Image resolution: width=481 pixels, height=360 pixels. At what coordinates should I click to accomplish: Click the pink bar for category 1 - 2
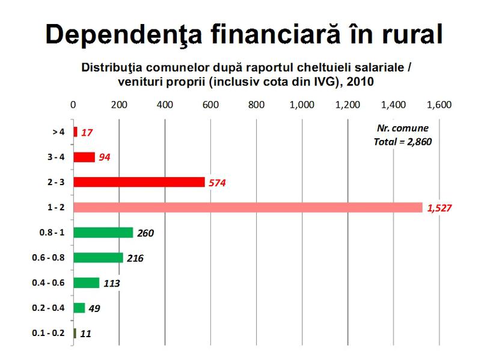[x=248, y=207]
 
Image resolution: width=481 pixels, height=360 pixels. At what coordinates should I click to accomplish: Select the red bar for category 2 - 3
[x=139, y=182]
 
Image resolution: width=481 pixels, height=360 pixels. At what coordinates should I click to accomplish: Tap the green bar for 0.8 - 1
[x=103, y=233]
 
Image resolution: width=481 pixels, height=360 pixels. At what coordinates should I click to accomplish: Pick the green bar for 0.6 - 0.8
[x=98, y=257]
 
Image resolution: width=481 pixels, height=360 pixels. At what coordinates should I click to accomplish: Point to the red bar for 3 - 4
[x=84, y=157]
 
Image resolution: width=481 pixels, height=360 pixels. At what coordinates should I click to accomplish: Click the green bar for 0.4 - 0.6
[x=86, y=282]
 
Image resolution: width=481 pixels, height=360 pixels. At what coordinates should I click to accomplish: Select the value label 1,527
[x=440, y=208]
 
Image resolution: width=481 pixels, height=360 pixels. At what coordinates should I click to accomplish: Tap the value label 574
[x=217, y=183]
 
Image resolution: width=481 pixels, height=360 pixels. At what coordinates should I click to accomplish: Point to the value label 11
[x=85, y=333]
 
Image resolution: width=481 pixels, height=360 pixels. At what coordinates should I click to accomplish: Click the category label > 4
[x=59, y=132]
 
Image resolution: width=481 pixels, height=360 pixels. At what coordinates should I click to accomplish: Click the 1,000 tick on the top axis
[x=302, y=105]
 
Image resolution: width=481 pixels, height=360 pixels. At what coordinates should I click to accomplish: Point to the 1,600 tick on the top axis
[x=439, y=105]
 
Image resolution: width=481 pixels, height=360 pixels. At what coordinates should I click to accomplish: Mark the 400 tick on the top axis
[x=165, y=105]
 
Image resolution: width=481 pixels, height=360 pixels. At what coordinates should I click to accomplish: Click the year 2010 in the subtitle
[x=357, y=81]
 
